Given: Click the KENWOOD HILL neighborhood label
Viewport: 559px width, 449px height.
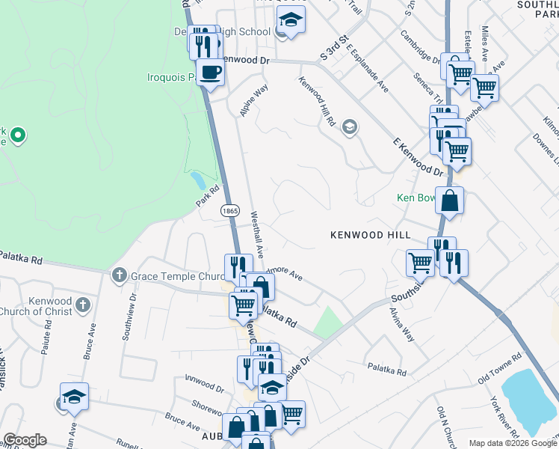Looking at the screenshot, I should coord(371,235).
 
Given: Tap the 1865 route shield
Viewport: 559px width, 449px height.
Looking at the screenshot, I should coord(229,213).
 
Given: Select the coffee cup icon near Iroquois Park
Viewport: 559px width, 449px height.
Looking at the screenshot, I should coord(211,73).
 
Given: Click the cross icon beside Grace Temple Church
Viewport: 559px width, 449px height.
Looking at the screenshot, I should coord(119,276).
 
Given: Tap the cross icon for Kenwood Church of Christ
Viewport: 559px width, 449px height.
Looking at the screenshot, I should coord(83,305).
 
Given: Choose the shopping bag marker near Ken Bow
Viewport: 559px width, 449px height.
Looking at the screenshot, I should coord(450,201).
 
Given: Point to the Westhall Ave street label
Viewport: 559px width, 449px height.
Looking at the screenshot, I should coord(256,234).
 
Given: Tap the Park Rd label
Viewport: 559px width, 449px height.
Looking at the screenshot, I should coord(210,197).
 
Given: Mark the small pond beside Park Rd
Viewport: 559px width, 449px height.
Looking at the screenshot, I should coord(198,180).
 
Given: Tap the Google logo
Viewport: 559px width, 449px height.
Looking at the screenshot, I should coord(25,440).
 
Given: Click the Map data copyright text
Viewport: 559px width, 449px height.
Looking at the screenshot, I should coord(513,443).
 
